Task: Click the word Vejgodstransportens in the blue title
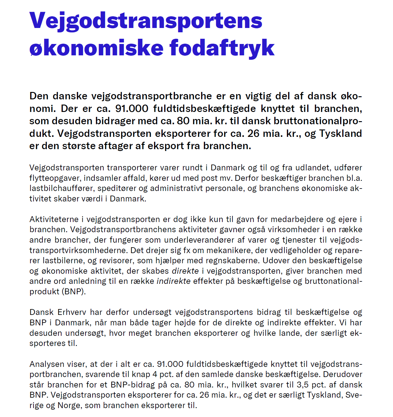pos(146,21)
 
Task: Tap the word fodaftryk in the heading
pos(222,48)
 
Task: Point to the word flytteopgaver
pos(55,178)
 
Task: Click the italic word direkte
pos(185,271)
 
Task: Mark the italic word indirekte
pos(174,281)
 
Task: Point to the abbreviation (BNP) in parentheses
pos(73,292)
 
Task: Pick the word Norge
pos(69,405)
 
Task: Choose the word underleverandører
pos(200,240)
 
